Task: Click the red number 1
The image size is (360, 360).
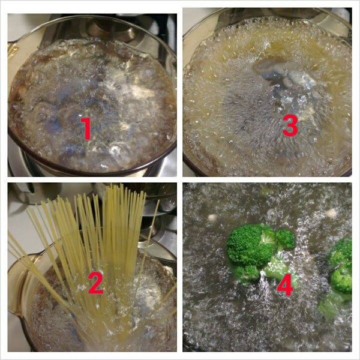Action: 87,128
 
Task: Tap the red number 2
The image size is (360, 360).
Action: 96,283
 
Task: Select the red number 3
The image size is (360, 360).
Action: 290,126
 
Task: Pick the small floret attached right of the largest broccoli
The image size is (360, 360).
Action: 285,239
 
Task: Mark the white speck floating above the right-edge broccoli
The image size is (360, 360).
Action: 331,213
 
